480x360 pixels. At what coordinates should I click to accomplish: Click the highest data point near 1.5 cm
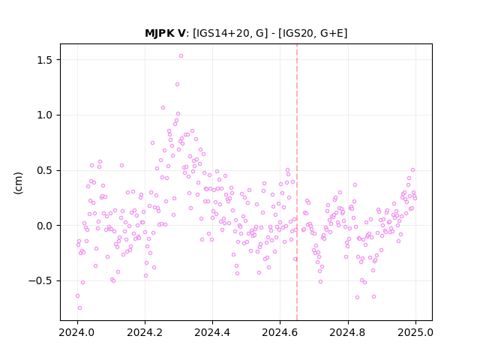coord(181,56)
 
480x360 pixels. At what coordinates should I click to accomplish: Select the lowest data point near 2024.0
coord(79,308)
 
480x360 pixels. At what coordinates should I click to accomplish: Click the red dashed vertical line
coord(297,182)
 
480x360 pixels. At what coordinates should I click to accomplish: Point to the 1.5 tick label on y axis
coord(45,60)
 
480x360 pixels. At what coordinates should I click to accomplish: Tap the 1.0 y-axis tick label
coord(45,115)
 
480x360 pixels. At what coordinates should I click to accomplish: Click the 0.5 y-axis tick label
coord(45,170)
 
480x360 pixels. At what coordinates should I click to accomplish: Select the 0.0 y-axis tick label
coord(45,226)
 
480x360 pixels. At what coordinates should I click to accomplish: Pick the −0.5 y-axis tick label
coord(40,281)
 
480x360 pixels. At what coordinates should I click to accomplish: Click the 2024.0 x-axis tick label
coord(77,332)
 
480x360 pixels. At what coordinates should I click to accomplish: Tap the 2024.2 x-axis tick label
coord(145,332)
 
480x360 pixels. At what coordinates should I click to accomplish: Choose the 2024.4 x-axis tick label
coord(212,332)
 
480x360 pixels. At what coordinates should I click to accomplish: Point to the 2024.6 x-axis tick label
coord(280,332)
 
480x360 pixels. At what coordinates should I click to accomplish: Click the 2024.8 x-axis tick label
coord(348,332)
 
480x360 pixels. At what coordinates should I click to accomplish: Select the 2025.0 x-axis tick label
coord(415,332)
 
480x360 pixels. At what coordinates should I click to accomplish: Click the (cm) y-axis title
coord(18,183)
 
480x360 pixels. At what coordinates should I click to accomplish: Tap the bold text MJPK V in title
coord(165,33)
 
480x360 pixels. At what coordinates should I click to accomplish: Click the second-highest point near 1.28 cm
coord(177,85)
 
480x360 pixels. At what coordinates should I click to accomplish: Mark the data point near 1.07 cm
coord(163,108)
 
